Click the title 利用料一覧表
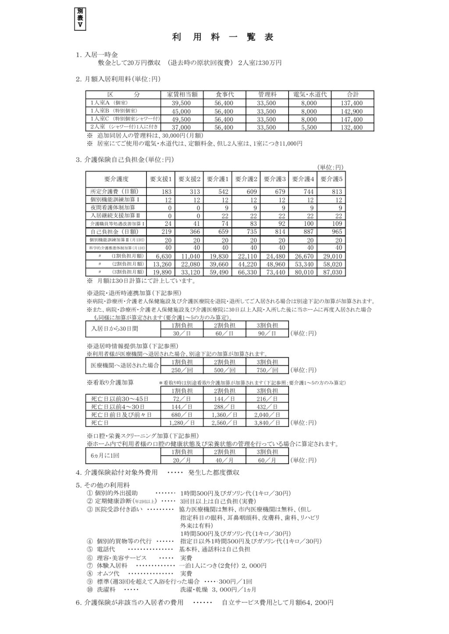223,37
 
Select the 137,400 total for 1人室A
352,103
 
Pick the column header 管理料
267,95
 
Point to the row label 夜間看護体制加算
114,207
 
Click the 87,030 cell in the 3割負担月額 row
333,272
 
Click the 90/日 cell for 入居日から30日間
267,333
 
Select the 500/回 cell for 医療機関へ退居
224,370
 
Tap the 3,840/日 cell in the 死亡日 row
267,423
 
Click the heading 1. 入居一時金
97,55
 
